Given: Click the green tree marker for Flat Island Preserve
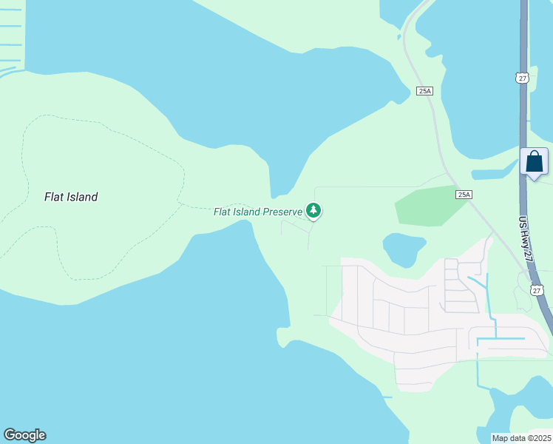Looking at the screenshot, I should click(x=313, y=211).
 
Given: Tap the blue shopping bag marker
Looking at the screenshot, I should click(x=534, y=162).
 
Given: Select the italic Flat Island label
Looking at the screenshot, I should click(x=71, y=197).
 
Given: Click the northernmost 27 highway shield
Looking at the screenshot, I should click(x=522, y=78).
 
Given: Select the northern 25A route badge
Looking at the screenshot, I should click(x=424, y=91).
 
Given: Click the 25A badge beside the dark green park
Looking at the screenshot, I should click(x=463, y=195).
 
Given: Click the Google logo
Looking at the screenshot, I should click(x=24, y=435).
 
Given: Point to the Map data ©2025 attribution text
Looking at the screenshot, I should click(x=520, y=438).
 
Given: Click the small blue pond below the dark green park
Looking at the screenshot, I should click(x=404, y=249).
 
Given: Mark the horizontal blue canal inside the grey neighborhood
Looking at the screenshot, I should click(x=501, y=340).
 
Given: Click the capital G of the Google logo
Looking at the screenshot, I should click(x=10, y=435).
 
